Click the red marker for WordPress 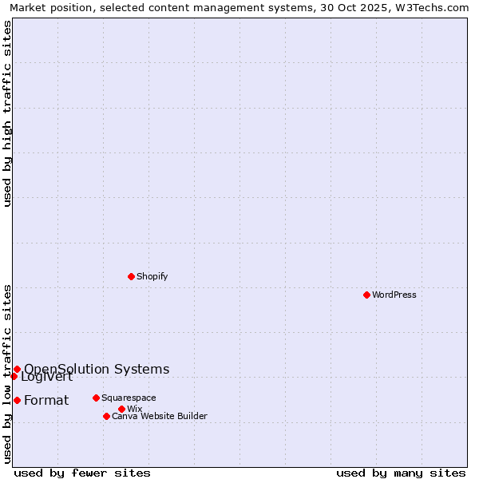tap(366, 295)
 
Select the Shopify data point tap(131, 276)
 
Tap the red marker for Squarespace tap(96, 398)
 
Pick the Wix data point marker tap(121, 409)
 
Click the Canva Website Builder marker tap(106, 416)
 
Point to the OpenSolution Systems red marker tap(17, 369)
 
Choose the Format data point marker tap(17, 400)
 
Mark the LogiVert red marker tap(14, 376)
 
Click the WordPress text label tap(394, 295)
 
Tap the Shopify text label tap(152, 276)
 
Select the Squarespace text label tap(129, 398)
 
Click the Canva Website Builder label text tap(160, 416)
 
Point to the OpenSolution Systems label tap(97, 369)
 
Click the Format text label tap(46, 400)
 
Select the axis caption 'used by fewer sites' tap(82, 473)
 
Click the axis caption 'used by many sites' tap(401, 473)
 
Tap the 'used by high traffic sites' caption tap(7, 113)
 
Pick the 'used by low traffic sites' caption tap(7, 373)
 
